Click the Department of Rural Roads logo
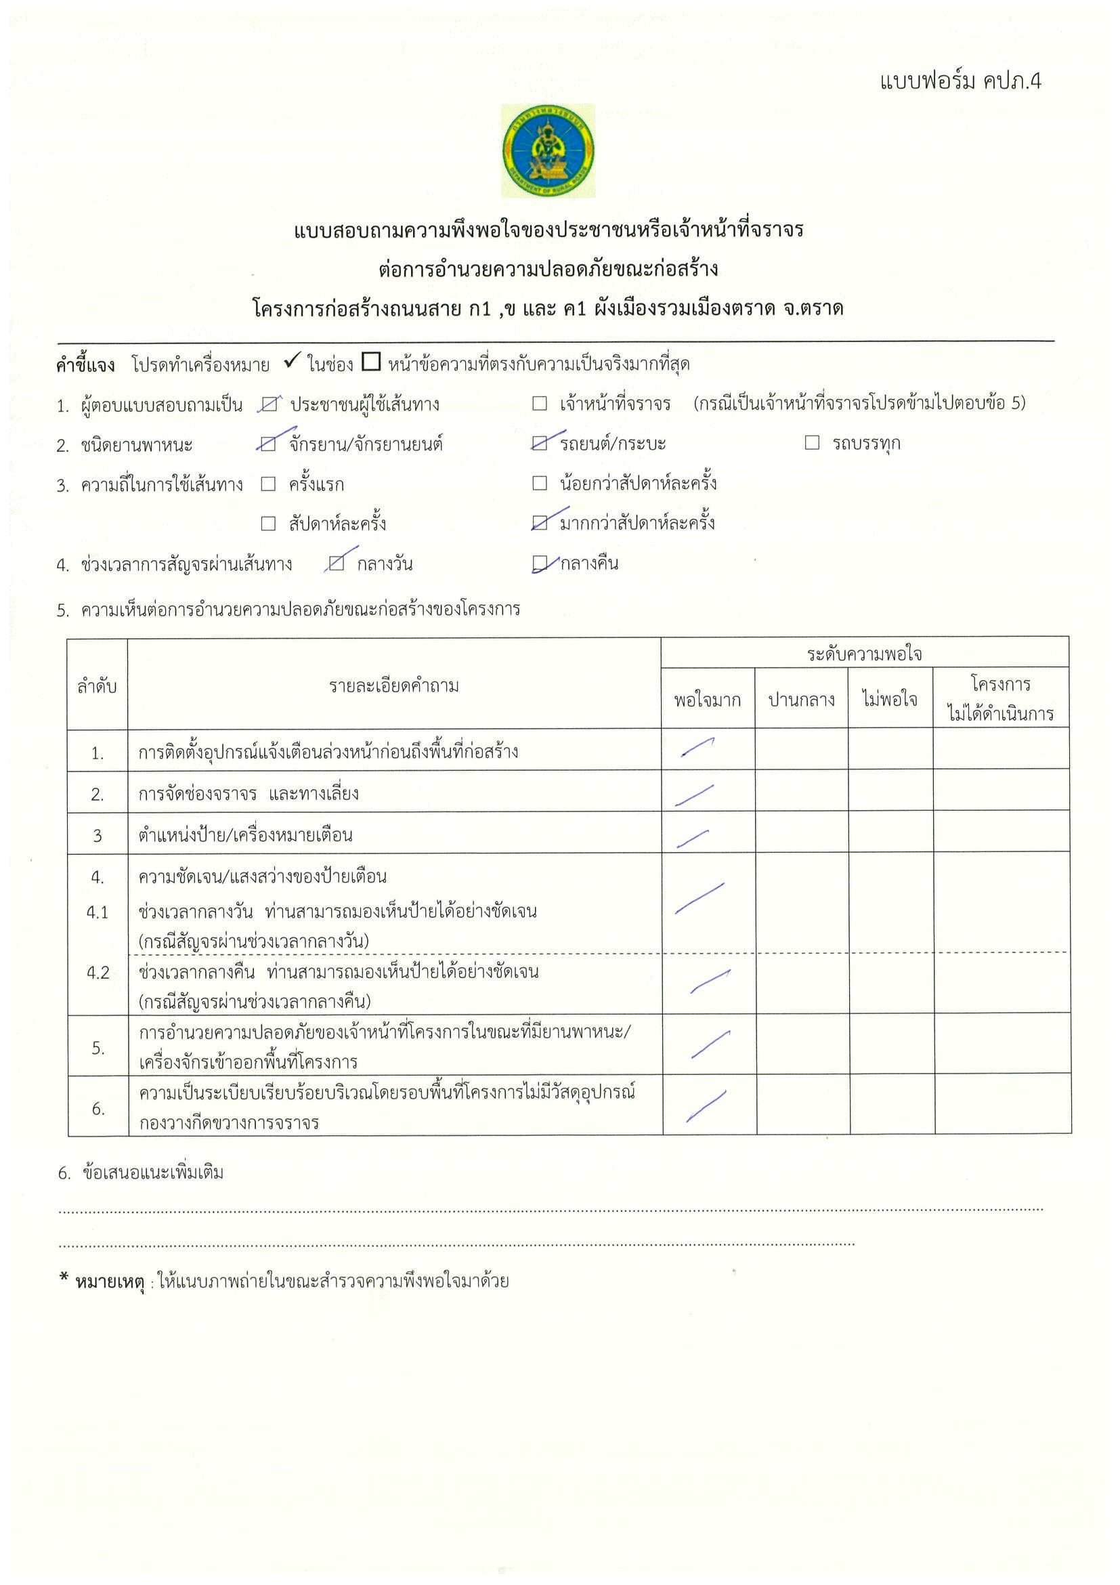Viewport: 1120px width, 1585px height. [548, 150]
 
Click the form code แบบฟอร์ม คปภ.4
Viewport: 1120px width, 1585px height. [960, 81]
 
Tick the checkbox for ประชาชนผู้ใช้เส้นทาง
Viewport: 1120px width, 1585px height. [269, 404]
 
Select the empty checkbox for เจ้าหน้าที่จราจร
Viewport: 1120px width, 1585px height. [540, 403]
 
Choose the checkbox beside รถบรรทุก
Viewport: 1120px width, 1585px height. [812, 442]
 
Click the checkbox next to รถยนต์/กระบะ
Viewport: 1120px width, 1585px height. [540, 443]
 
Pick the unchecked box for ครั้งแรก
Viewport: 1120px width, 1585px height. [268, 484]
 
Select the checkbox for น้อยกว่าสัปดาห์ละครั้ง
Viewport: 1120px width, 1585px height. [540, 482]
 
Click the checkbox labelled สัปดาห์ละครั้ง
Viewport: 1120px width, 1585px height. [268, 524]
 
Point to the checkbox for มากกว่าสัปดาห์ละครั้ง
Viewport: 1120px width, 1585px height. [540, 523]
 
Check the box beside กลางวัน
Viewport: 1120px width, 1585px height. [337, 564]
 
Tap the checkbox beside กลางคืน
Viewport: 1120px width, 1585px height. [540, 564]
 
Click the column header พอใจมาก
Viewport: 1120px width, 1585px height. [708, 700]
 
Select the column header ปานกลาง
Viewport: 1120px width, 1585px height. [801, 700]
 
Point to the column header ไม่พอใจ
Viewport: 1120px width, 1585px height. [890, 700]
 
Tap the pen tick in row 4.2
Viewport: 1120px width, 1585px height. [710, 981]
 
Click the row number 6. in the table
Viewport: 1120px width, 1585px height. [98, 1109]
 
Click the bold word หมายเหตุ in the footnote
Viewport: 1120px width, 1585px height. [109, 1282]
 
